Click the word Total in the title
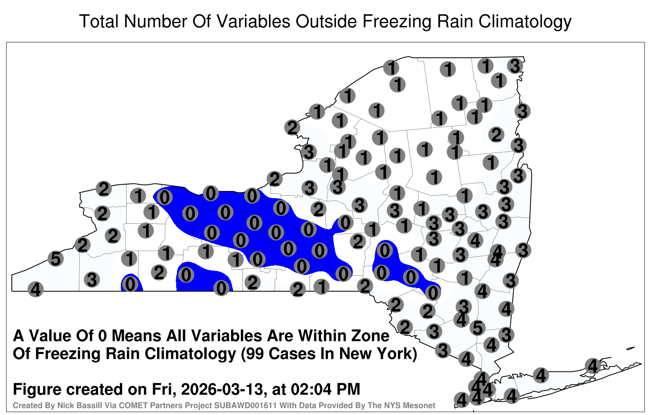tap(99, 21)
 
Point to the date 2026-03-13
tap(222, 389)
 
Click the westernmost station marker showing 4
tap(35, 289)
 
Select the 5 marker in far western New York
tap(56, 259)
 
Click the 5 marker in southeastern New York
tap(478, 328)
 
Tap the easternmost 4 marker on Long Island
tap(592, 366)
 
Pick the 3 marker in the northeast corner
tap(515, 66)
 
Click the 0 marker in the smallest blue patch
tap(130, 284)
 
